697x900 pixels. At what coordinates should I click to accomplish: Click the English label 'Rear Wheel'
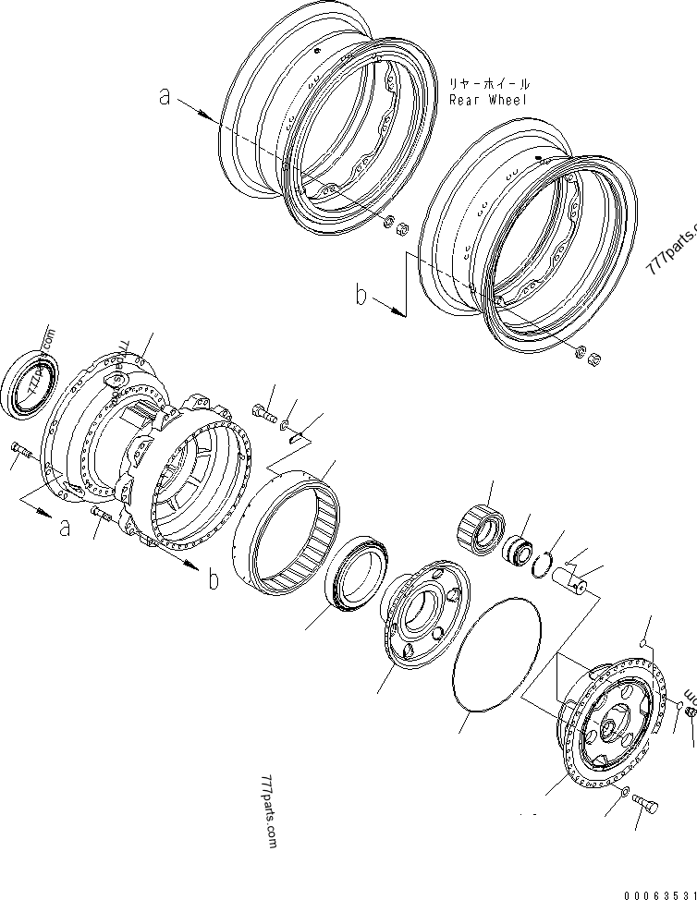[x=487, y=100]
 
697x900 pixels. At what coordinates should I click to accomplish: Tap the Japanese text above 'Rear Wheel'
[x=489, y=82]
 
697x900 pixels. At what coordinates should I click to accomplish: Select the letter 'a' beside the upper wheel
[x=165, y=96]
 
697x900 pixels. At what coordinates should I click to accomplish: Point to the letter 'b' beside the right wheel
[x=362, y=296]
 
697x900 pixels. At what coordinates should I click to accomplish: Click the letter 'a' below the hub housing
[x=64, y=528]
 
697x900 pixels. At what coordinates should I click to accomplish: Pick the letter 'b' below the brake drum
[x=213, y=579]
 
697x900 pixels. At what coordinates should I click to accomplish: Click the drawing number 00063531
[x=660, y=894]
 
